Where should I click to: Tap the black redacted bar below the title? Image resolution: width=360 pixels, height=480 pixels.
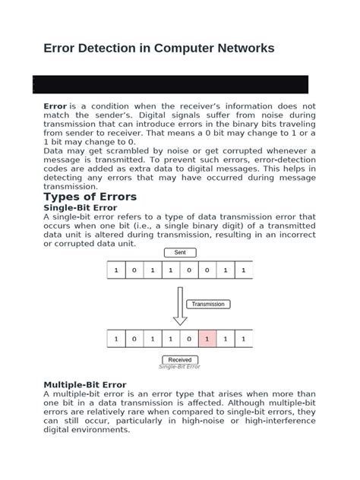(x=170, y=84)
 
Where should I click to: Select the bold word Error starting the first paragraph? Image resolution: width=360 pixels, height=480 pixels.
(x=55, y=106)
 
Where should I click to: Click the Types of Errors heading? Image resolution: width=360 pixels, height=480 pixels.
(x=90, y=197)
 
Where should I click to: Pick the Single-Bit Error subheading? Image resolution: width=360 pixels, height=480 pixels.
(x=81, y=207)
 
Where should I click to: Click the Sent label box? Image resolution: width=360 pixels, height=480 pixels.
(x=180, y=252)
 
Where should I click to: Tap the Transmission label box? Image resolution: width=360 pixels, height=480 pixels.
(x=208, y=304)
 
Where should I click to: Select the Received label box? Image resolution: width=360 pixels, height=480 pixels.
(x=180, y=360)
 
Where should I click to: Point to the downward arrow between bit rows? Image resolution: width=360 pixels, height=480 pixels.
(x=180, y=306)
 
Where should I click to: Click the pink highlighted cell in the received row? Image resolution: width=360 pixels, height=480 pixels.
(x=207, y=339)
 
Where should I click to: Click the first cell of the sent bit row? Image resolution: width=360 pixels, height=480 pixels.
(x=116, y=270)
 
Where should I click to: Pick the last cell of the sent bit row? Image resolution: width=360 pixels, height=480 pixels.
(x=244, y=270)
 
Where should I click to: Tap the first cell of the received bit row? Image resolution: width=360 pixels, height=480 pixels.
(x=116, y=339)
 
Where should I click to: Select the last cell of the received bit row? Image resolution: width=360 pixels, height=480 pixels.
(x=244, y=339)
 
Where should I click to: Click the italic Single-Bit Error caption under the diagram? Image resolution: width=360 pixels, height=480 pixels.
(x=179, y=367)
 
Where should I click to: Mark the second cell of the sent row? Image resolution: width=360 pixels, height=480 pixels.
(x=134, y=270)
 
